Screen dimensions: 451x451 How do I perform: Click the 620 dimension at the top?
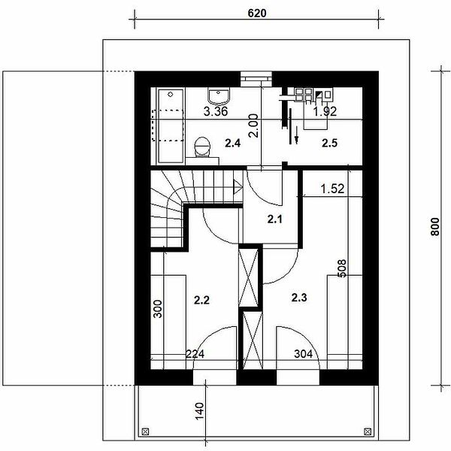pyautogui.click(x=257, y=13)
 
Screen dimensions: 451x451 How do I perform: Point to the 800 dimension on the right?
pyautogui.click(x=435, y=227)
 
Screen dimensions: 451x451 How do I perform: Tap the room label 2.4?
pyautogui.click(x=233, y=143)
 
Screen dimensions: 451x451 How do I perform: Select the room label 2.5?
pyautogui.click(x=329, y=143)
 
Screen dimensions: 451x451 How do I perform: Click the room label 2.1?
pyautogui.click(x=275, y=219)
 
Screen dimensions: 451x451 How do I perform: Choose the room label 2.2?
pyautogui.click(x=201, y=300)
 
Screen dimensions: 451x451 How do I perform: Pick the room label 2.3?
pyautogui.click(x=299, y=298)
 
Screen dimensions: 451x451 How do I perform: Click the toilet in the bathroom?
pyautogui.click(x=202, y=147)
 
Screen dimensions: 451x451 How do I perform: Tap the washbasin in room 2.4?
pyautogui.click(x=219, y=96)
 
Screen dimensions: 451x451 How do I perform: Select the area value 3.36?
pyautogui.click(x=216, y=111)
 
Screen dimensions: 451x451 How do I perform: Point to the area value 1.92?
pyautogui.click(x=325, y=111)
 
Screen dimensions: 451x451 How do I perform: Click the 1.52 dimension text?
pyautogui.click(x=332, y=189)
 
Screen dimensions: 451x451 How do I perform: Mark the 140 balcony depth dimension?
pyautogui.click(x=200, y=411)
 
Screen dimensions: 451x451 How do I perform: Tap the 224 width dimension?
pyautogui.click(x=195, y=354)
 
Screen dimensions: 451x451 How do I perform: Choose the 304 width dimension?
pyautogui.click(x=304, y=354)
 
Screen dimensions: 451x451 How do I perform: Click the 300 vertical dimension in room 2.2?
pyautogui.click(x=158, y=309)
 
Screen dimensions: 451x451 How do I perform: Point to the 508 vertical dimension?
pyautogui.click(x=342, y=268)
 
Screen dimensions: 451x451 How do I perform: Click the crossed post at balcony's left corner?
pyautogui.click(x=145, y=431)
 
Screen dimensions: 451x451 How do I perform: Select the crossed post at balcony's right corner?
pyautogui.click(x=368, y=431)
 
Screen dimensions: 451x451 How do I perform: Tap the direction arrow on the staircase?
pyautogui.click(x=238, y=187)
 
